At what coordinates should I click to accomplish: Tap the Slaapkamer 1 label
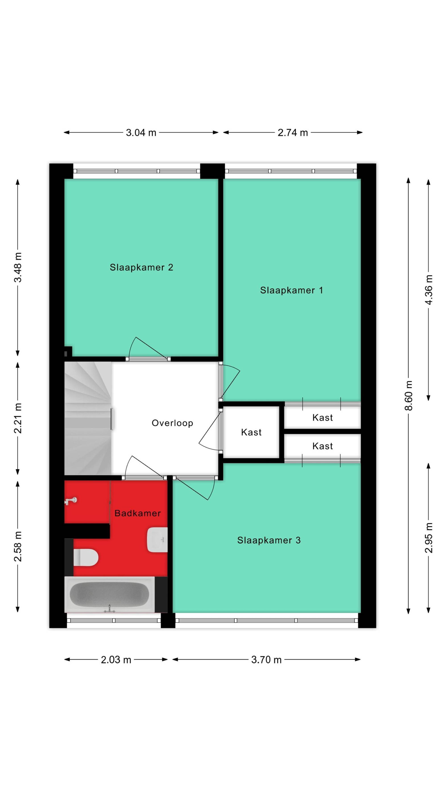point(291,290)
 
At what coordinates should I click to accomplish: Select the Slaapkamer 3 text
point(269,540)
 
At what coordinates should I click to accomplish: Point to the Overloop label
point(172,423)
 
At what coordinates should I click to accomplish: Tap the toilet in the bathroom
point(86,558)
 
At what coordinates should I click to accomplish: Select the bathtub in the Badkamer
point(109,595)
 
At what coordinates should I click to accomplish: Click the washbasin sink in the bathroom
point(157,540)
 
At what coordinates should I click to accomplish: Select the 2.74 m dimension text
point(293,133)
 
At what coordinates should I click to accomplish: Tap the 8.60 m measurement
point(409,395)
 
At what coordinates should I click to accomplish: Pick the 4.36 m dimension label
point(428,290)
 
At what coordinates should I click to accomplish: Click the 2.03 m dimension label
point(116,660)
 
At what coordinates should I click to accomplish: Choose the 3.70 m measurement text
point(266,660)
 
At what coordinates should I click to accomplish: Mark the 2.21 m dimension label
point(18,418)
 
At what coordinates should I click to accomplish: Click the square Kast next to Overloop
point(251,432)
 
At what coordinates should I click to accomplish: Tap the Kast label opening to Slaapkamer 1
point(323,417)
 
